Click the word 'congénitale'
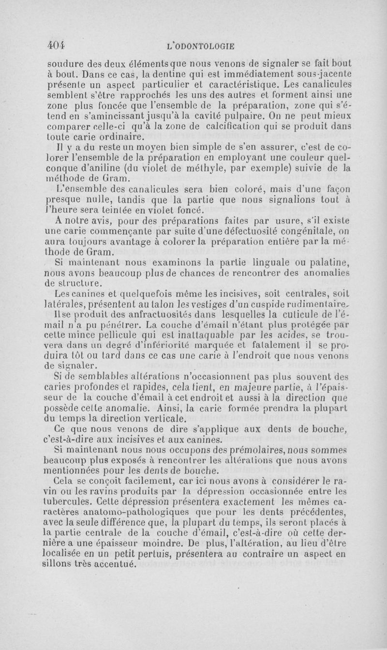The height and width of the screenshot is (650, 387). click(x=311, y=243)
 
